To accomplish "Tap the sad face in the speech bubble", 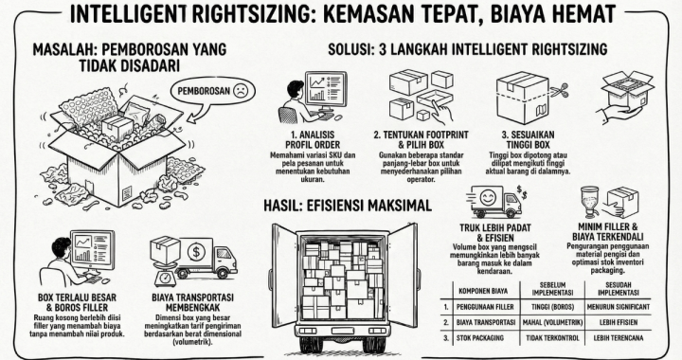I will tap(243, 92).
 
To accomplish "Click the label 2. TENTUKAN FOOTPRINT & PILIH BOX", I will tap(418, 139).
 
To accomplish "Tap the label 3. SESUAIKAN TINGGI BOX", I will tap(529, 139).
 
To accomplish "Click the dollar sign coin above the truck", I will tap(193, 253).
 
